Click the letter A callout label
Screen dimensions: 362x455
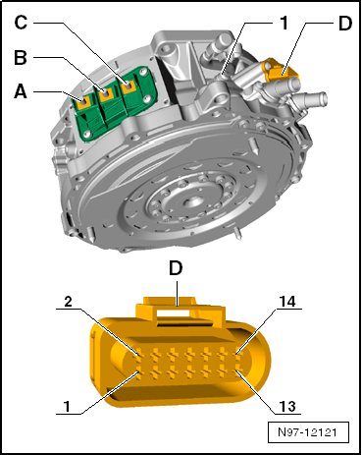point(21,92)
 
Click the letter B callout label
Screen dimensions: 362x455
point(21,58)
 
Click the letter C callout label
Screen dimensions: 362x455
point(22,23)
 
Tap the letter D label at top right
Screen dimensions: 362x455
point(345,24)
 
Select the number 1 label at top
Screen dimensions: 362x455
point(284,23)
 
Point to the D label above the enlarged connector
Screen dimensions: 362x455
point(176,268)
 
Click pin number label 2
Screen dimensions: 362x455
point(68,302)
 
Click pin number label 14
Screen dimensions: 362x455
point(286,302)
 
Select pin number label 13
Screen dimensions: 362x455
point(287,407)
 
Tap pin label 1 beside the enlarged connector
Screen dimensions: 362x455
point(67,407)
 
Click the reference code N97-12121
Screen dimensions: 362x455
point(307,432)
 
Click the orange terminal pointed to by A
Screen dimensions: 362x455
point(84,102)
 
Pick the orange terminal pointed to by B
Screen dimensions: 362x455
point(106,94)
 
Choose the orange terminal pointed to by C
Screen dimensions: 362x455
point(129,86)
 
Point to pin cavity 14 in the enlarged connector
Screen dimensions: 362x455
point(238,354)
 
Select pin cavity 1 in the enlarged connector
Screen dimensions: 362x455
point(139,375)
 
